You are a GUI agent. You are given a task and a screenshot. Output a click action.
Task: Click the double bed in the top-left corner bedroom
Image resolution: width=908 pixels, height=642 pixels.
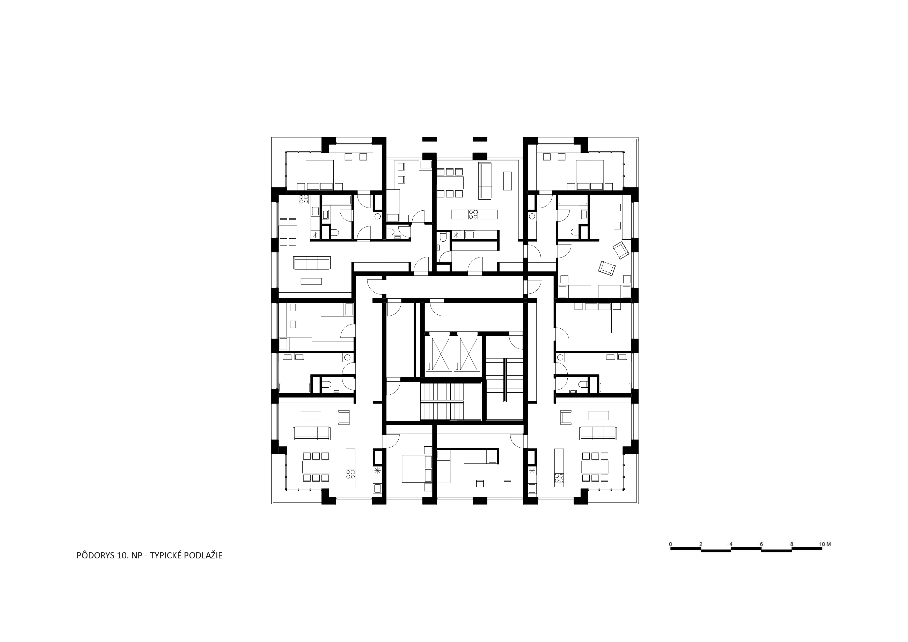click(320, 175)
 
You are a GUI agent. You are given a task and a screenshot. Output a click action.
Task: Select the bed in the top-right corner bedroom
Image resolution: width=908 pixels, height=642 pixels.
click(590, 175)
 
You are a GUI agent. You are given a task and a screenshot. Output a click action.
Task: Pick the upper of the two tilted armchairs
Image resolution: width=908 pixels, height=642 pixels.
click(620, 250)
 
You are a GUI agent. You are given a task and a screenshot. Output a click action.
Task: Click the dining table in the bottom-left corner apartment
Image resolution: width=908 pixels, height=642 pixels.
click(316, 467)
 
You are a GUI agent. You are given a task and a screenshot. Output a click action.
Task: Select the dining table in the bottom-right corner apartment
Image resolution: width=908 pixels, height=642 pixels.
click(595, 467)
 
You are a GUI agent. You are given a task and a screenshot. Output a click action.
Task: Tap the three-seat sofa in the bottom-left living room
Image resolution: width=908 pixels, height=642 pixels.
click(312, 433)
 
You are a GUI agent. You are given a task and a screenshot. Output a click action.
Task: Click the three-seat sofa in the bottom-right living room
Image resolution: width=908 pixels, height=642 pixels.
click(598, 433)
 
